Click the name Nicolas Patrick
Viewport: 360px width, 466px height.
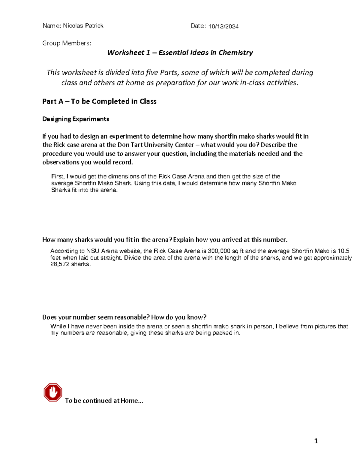tap(83, 26)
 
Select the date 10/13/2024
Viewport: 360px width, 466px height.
tap(223, 26)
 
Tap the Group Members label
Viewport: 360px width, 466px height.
tap(67, 43)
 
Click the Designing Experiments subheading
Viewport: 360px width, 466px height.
tap(76, 119)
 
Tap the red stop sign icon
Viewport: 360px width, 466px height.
tap(53, 392)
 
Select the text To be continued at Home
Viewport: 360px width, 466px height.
tap(104, 401)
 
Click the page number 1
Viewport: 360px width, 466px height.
tap(316, 441)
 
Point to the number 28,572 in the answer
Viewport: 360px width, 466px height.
tap(60, 264)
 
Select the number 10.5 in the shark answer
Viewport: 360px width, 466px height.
tap(343, 251)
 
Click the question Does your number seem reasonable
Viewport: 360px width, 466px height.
tap(124, 317)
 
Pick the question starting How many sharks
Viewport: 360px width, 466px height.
tap(165, 239)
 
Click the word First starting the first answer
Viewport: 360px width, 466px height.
tap(58, 176)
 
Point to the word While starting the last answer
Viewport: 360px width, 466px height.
tap(58, 326)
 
